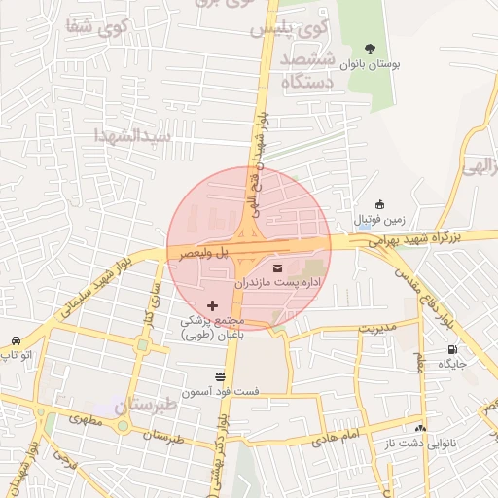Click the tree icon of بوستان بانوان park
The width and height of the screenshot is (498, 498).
click(370, 48)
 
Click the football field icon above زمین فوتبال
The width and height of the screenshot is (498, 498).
click(379, 203)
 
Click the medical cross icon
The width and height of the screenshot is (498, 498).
click(213, 305)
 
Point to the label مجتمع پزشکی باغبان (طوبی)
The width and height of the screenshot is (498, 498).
click(217, 327)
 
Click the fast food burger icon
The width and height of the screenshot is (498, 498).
click(220, 375)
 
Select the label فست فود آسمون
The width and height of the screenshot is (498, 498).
click(225, 391)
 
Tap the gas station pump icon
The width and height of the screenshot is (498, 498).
click(452, 349)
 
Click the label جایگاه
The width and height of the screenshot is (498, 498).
click(452, 364)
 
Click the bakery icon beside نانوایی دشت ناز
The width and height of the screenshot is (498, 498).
click(420, 428)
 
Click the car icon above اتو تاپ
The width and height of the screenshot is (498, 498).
click(17, 340)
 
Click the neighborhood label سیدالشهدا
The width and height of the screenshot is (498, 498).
click(132, 135)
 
